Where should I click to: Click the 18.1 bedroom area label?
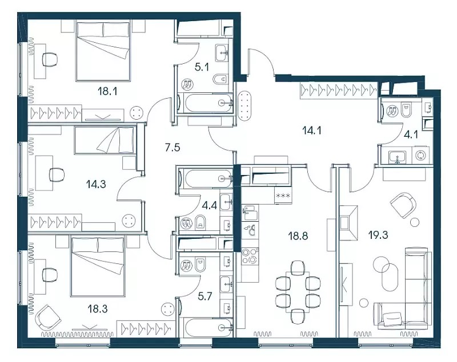107,92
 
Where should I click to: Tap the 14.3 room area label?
96,184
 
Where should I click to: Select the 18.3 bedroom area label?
98,309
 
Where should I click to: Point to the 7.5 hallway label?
173,148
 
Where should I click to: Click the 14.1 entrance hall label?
312,131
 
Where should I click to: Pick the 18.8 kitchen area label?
298,236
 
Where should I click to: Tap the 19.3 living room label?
378,235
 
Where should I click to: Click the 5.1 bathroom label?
202,68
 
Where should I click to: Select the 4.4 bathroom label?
209,206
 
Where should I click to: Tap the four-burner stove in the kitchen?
250,255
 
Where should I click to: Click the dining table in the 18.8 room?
298,292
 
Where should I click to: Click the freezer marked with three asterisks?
283,196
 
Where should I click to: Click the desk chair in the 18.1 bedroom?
50,60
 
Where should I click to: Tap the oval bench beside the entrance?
244,105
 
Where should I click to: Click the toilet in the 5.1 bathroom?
220,79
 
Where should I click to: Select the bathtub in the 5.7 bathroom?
205,327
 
